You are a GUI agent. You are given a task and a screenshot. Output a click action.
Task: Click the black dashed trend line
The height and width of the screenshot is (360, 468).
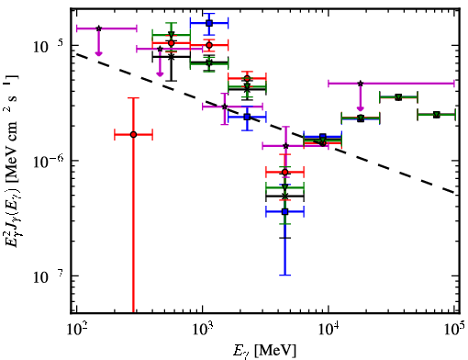[x=265, y=123]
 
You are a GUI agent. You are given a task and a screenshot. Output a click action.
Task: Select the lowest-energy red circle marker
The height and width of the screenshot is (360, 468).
[x=133, y=135]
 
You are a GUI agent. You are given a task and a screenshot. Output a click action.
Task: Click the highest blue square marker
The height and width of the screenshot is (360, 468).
[x=209, y=23]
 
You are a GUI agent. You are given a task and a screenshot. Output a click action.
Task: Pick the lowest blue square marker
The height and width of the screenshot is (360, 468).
[x=284, y=211]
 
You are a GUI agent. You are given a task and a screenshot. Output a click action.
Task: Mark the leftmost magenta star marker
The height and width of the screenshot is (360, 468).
[x=98, y=28]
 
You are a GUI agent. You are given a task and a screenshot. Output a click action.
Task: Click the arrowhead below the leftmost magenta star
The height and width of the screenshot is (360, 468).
[x=98, y=53]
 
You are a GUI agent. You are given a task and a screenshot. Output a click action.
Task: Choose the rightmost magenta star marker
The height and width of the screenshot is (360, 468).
[x=361, y=84]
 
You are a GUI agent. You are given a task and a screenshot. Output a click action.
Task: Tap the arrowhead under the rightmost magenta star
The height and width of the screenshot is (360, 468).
[x=361, y=108]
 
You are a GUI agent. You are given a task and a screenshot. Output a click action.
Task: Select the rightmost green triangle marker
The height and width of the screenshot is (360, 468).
[x=437, y=115]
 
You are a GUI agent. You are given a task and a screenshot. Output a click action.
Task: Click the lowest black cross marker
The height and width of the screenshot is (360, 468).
[x=284, y=196]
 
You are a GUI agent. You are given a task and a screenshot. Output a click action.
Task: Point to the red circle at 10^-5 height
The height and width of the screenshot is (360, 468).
[x=209, y=45]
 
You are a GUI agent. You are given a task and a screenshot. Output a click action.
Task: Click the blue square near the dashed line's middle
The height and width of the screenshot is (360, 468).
[x=247, y=117]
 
